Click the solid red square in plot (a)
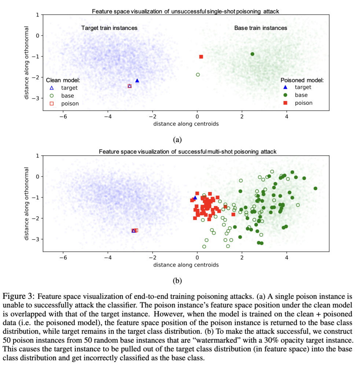(x=201, y=57)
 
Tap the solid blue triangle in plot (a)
(x=137, y=81)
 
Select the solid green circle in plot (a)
(x=252, y=54)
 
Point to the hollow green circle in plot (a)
(x=198, y=75)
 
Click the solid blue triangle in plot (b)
(x=195, y=198)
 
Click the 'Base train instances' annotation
(x=261, y=28)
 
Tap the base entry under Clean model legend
(x=67, y=96)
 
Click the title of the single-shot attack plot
(x=185, y=11)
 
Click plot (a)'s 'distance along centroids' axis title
(x=186, y=124)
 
